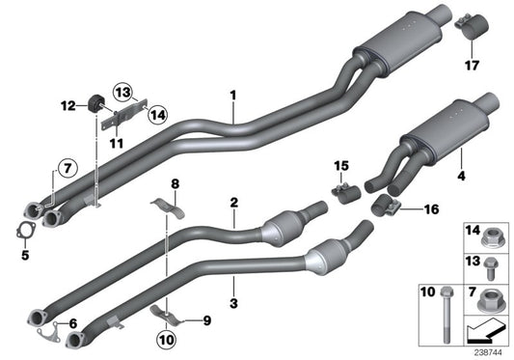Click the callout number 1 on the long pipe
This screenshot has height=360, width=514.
[232, 97]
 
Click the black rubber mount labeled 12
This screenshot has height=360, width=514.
[95, 103]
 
